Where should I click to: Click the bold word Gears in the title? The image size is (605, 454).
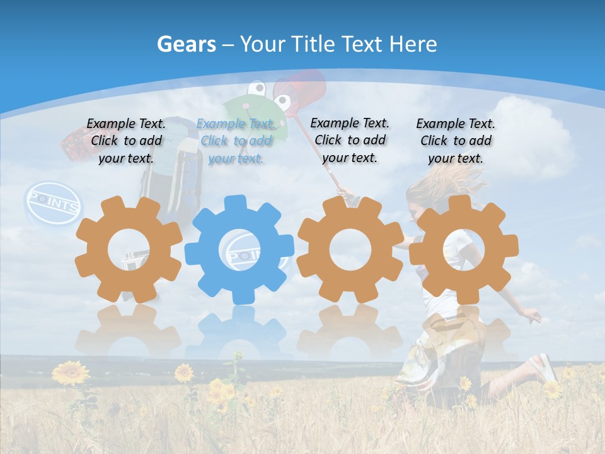(186, 44)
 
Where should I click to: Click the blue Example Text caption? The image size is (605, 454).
(236, 141)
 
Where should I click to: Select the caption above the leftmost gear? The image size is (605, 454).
(126, 141)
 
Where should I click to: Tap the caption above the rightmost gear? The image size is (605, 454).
(456, 141)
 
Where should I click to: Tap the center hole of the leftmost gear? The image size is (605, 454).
(129, 250)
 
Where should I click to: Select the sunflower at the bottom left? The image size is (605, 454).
(70, 373)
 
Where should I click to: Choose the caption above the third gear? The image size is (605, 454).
(350, 140)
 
